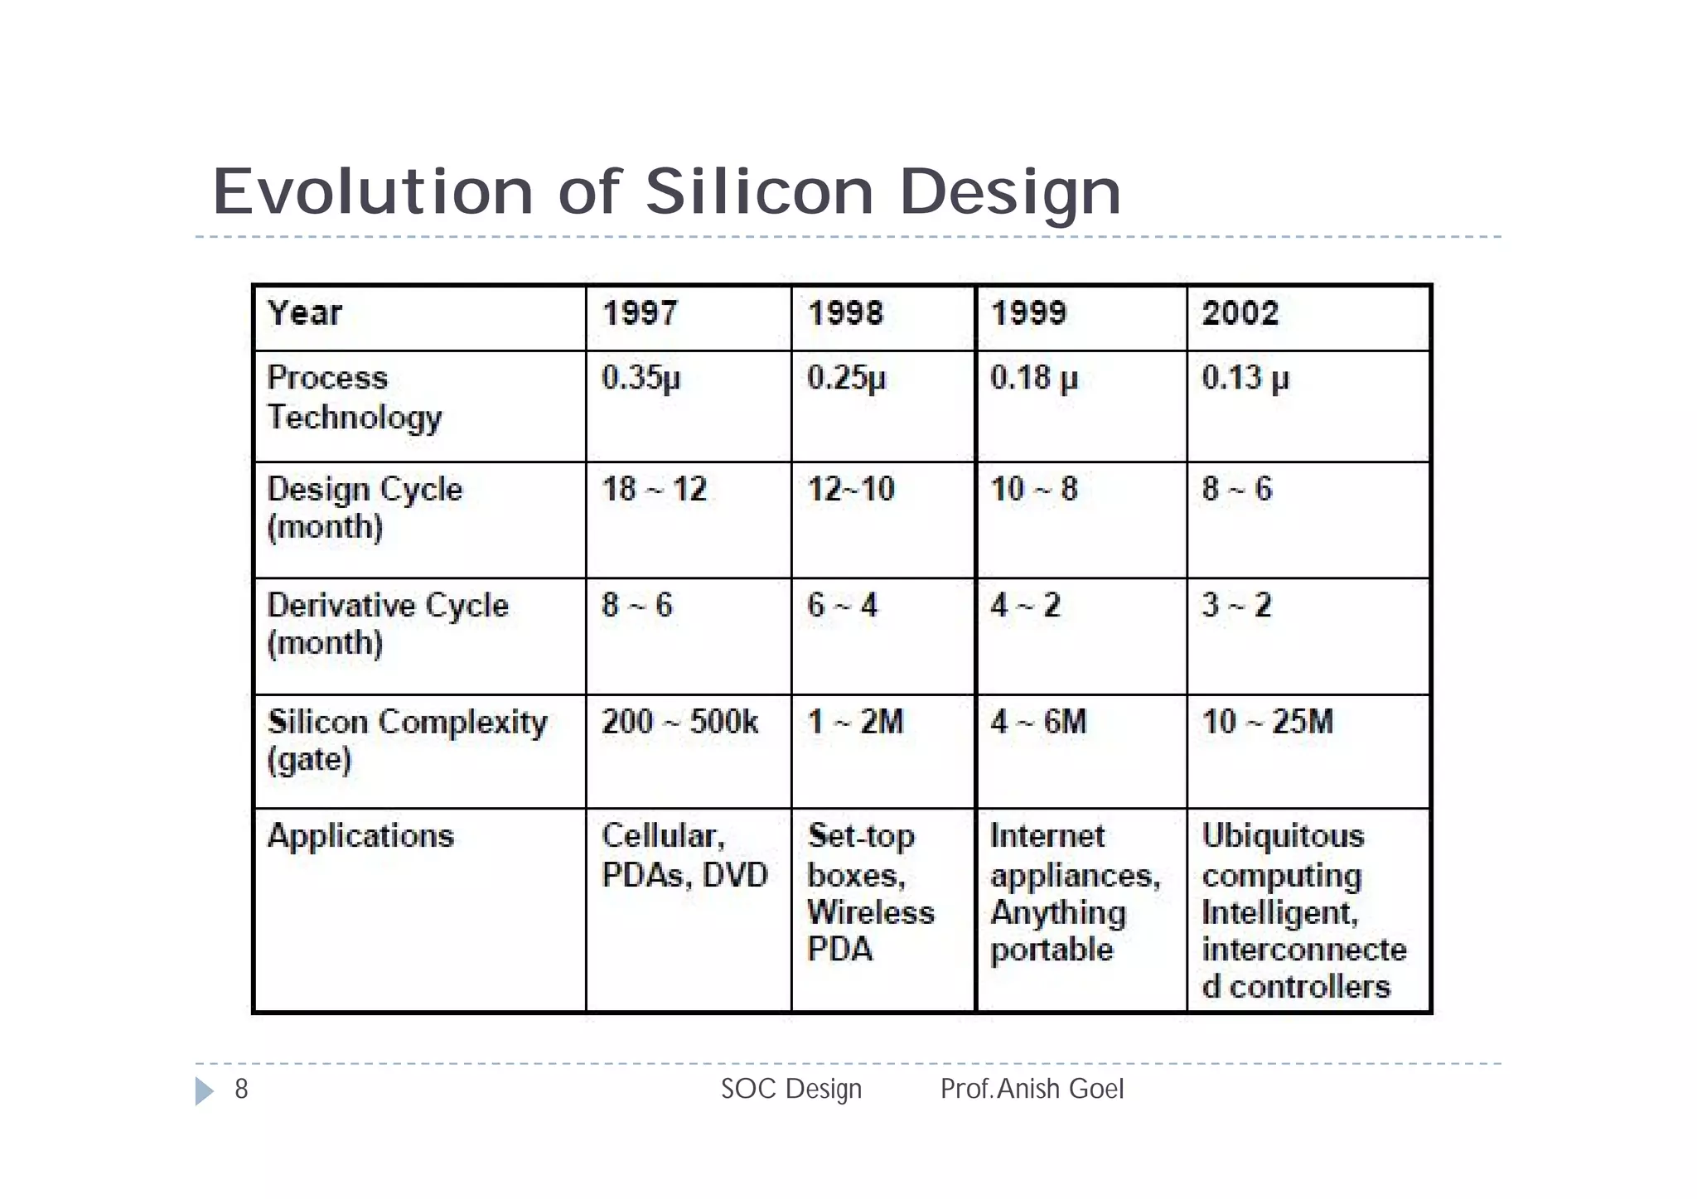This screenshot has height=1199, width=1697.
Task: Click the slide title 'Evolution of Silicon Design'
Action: tap(667, 191)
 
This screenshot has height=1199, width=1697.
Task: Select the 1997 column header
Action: tap(640, 313)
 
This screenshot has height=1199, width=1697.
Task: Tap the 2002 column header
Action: tap(1240, 313)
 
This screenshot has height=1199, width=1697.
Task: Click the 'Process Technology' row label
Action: tap(355, 397)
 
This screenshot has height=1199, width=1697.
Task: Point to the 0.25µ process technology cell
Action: tap(846, 378)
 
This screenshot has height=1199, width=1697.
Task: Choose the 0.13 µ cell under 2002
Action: tap(1245, 378)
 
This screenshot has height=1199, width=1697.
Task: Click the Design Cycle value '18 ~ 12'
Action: tap(654, 489)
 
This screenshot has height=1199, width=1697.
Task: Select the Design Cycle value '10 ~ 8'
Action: tap(1034, 489)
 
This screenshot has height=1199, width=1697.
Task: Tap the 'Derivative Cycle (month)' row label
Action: tap(387, 624)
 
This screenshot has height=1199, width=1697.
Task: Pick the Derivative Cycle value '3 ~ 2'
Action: tap(1236, 606)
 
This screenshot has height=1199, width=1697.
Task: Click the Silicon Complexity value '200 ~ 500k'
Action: tap(679, 722)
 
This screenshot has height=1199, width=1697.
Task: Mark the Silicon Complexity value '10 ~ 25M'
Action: tap(1268, 722)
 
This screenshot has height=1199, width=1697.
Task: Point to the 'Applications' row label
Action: tap(360, 835)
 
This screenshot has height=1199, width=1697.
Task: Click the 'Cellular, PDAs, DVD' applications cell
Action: tap(684, 855)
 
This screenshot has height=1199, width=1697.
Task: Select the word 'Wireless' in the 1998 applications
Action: tap(871, 912)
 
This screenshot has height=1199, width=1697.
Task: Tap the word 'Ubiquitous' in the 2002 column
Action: tap(1283, 835)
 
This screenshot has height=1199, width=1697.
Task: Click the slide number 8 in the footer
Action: tap(241, 1089)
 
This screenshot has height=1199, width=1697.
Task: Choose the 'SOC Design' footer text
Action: tap(791, 1089)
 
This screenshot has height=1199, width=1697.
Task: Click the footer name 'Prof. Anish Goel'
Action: tap(1032, 1089)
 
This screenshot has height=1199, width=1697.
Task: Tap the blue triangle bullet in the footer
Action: tap(204, 1091)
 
